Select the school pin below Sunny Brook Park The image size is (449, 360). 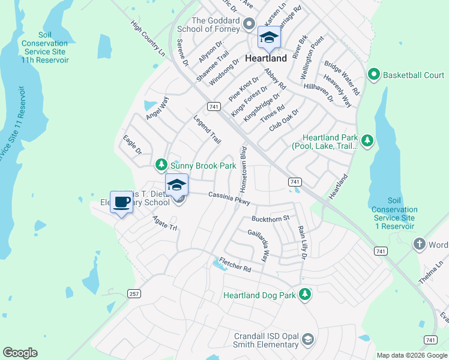176,184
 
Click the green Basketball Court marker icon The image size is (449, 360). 373,75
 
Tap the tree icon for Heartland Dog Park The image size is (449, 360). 306,295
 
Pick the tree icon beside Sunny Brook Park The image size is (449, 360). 161,164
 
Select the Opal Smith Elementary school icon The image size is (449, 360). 308,340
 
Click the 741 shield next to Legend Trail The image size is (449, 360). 213,106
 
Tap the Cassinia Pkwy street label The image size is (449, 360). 229,197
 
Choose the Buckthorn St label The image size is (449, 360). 271,218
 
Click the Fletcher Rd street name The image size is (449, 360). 235,265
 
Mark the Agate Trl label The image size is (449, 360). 165,223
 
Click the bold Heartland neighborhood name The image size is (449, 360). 266,59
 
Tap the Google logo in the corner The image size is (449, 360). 20,353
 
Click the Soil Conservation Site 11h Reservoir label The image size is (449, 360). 45,47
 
